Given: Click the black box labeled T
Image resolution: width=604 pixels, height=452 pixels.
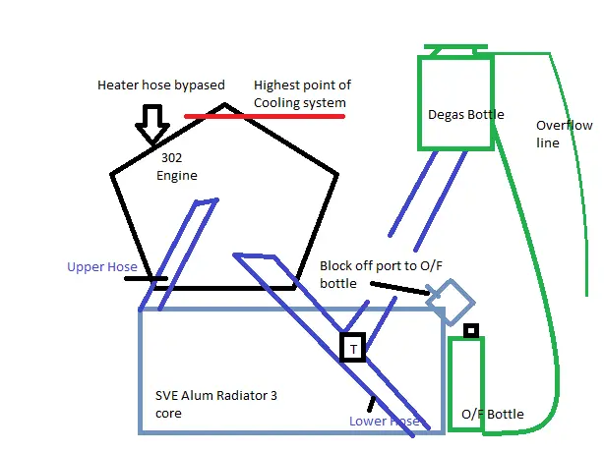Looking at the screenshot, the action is point(352,348).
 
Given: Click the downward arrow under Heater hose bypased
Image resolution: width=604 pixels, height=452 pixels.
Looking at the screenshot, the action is point(152,123).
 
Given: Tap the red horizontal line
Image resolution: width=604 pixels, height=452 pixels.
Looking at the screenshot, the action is point(265,116).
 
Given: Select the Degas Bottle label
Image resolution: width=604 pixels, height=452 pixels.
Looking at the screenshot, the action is point(465,114).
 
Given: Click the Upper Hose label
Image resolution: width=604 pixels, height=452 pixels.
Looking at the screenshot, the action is point(102,266).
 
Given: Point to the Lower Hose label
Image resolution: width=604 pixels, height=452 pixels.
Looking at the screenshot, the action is point(384,421).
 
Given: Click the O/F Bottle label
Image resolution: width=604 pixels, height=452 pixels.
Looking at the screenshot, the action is point(492,414).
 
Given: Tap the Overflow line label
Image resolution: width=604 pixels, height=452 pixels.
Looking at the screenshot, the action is point(564,134).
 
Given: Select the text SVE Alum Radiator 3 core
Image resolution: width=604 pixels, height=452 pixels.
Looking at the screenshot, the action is point(215,404).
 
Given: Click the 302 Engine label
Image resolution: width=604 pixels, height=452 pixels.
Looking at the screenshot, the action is point(177,167).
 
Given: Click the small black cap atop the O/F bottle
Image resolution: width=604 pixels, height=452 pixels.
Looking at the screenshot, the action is point(471,330).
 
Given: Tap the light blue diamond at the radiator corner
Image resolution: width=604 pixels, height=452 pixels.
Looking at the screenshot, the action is point(451,302).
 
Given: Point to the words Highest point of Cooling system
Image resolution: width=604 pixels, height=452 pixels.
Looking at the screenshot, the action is point(302,94).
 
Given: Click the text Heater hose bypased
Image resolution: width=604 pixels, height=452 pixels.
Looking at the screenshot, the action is point(161,85).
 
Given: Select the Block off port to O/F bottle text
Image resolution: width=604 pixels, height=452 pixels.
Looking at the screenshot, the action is point(381,274).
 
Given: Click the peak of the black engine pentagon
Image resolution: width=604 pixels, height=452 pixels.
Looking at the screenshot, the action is point(224,104).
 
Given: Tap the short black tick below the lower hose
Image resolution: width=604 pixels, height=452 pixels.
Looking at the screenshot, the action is point(371,404).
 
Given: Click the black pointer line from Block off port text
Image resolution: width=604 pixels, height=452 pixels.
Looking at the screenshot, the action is point(399,289).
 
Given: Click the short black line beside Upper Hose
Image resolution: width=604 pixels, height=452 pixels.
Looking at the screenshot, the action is point(146,278).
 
